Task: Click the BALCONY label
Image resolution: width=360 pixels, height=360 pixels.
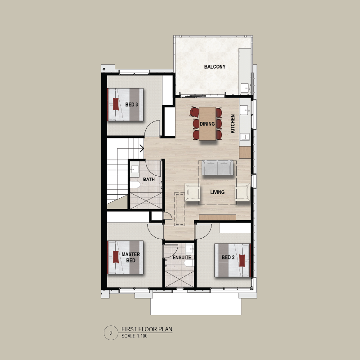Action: [x=215, y=67]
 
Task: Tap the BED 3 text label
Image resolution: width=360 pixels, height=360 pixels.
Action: [x=131, y=104]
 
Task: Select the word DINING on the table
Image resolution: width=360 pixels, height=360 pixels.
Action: [x=207, y=124]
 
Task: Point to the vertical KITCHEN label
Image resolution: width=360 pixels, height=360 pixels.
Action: [x=233, y=124]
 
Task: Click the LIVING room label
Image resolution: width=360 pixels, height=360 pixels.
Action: [x=217, y=192]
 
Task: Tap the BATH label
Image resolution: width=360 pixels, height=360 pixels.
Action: [x=149, y=179]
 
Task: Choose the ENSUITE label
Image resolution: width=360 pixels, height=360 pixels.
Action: [x=182, y=258]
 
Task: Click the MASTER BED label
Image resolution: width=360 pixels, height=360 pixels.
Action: [x=130, y=258]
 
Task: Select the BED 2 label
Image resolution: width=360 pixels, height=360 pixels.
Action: [x=228, y=258]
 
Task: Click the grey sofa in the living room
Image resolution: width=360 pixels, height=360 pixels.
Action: [x=217, y=168]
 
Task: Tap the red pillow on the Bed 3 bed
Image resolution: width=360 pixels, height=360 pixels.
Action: [x=116, y=104]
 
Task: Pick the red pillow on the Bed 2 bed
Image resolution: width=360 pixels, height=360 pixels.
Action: [x=242, y=260]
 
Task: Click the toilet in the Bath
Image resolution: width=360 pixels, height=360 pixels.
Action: [x=135, y=185]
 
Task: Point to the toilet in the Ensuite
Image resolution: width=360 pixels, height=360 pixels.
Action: [x=189, y=263]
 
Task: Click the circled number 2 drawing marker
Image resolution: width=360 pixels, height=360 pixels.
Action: [x=111, y=333]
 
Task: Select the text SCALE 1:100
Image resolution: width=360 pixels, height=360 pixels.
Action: [x=134, y=336]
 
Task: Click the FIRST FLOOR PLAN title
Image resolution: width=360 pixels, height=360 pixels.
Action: [x=147, y=329]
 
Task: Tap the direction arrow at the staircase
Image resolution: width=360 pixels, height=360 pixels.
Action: [x=142, y=149]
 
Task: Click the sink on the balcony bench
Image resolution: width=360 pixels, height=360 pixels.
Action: [x=245, y=88]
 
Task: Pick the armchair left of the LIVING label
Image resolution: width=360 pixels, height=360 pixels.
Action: [x=192, y=192]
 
